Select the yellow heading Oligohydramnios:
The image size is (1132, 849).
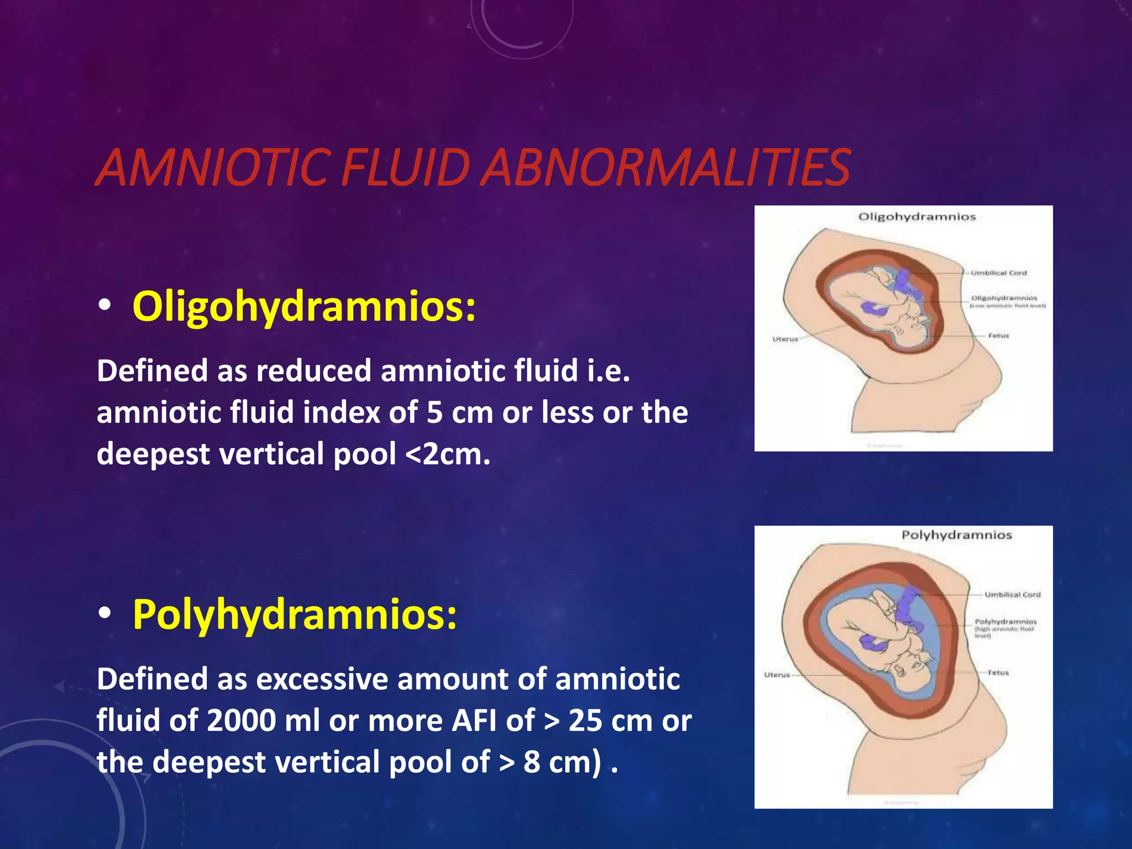click(303, 307)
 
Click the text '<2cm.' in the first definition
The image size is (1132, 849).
click(447, 454)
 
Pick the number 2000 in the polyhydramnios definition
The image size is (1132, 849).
click(242, 721)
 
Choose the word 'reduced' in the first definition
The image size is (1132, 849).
click(313, 371)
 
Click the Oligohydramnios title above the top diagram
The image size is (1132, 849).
click(917, 217)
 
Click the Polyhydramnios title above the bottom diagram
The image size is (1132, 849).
click(957, 535)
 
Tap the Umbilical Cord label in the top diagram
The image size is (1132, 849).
click(999, 273)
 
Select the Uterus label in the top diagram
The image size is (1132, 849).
click(785, 339)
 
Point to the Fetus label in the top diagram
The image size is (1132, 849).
click(998, 336)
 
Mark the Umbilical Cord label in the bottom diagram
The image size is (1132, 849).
click(1013, 595)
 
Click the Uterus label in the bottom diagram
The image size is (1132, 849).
click(777, 675)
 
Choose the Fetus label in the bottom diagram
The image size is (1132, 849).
click(998, 673)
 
